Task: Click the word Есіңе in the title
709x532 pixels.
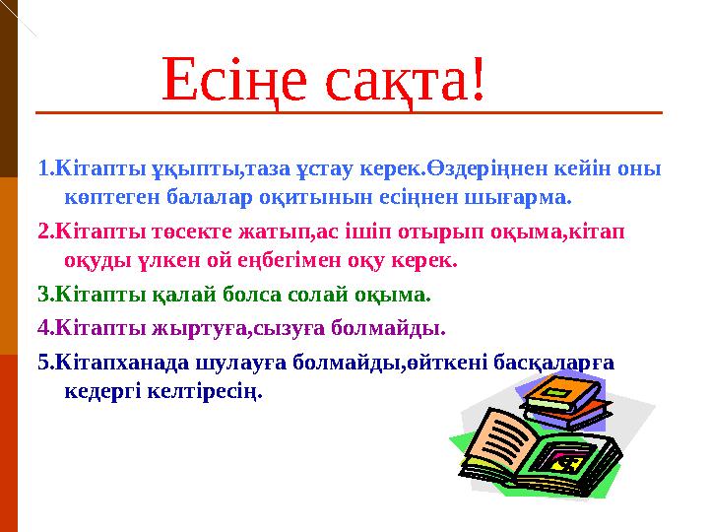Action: point(234,80)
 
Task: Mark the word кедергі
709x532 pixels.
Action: point(101,392)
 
